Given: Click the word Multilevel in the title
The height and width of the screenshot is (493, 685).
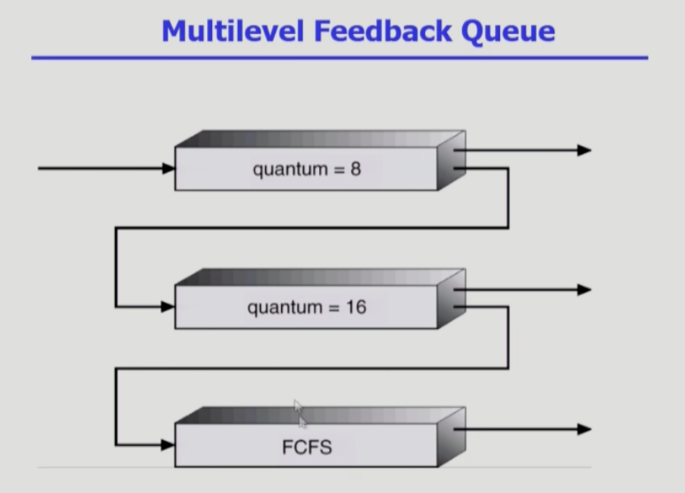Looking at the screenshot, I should pos(230,30).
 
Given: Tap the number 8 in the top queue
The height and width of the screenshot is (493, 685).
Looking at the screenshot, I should pos(355,168).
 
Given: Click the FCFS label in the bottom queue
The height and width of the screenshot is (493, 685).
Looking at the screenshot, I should pos(307,447).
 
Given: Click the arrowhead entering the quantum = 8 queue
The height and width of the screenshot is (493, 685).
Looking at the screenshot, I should pos(168,168).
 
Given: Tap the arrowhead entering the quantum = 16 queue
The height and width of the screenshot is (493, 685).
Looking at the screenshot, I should pos(168,307).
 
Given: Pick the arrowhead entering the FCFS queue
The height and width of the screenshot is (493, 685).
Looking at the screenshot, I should pos(168,445).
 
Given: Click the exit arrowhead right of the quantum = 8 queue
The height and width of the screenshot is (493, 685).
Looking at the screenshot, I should pos(583,150).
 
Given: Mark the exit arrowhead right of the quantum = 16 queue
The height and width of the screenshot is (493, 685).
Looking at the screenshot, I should pos(583,290).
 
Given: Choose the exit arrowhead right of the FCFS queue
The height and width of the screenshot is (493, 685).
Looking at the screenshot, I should pos(583,429).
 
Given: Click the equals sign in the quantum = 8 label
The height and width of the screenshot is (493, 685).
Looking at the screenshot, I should pos(333,169).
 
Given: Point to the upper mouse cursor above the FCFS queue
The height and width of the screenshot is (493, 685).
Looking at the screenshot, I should pos(298,407).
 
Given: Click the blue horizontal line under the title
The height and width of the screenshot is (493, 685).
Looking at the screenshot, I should pos(339,58).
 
